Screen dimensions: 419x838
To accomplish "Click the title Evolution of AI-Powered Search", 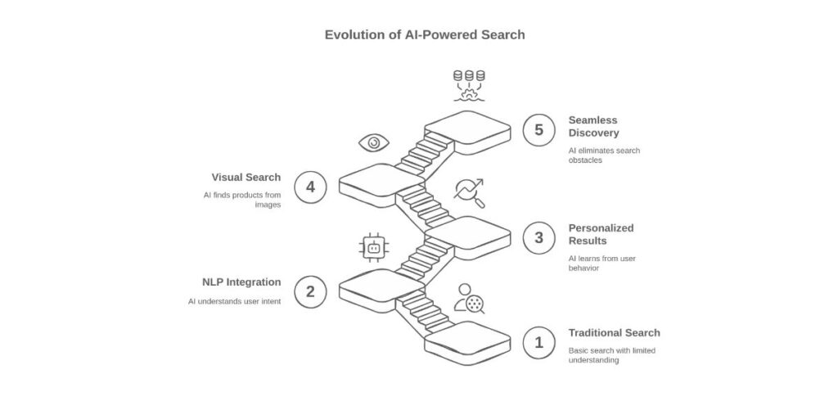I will point(425,35).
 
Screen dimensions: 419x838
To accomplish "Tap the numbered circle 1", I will point(538,343).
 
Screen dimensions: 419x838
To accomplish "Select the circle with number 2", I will point(310,291).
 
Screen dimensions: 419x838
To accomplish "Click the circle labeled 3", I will point(538,238).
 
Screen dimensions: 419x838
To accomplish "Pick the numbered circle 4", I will point(310,187).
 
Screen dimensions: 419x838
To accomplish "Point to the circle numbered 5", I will point(538,130).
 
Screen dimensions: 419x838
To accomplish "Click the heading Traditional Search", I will point(614,333).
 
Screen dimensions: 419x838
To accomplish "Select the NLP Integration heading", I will point(241,282).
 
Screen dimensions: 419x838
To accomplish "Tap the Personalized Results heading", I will point(601,234).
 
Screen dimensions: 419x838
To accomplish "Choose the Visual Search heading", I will point(246,177).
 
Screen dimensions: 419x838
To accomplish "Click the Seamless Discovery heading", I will point(594,126).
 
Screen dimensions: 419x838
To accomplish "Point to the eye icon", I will point(374,143).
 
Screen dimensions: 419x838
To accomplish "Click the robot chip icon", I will point(374,246).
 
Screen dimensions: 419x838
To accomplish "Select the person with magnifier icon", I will point(469,299).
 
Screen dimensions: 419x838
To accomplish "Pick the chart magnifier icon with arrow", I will point(469,192).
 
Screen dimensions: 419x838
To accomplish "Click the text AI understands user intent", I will point(233,301).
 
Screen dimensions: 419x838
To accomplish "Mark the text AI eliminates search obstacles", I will point(604,155).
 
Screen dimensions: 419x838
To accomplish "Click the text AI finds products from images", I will point(241,200).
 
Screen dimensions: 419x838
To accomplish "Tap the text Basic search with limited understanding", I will point(611,355).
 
